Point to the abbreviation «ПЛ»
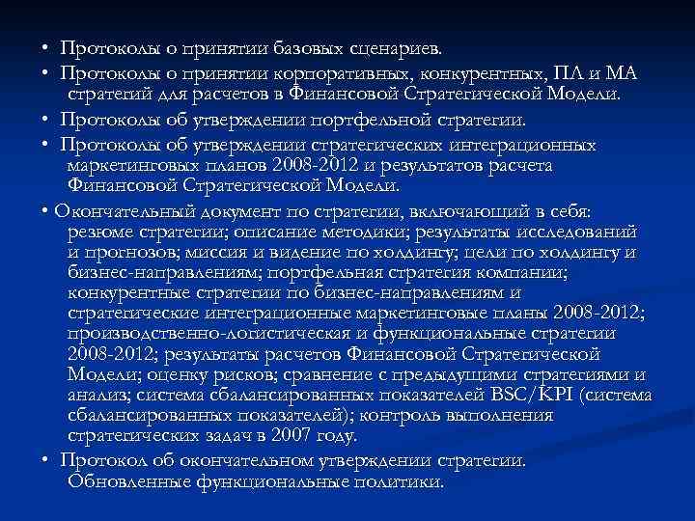566,73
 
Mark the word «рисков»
227,374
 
